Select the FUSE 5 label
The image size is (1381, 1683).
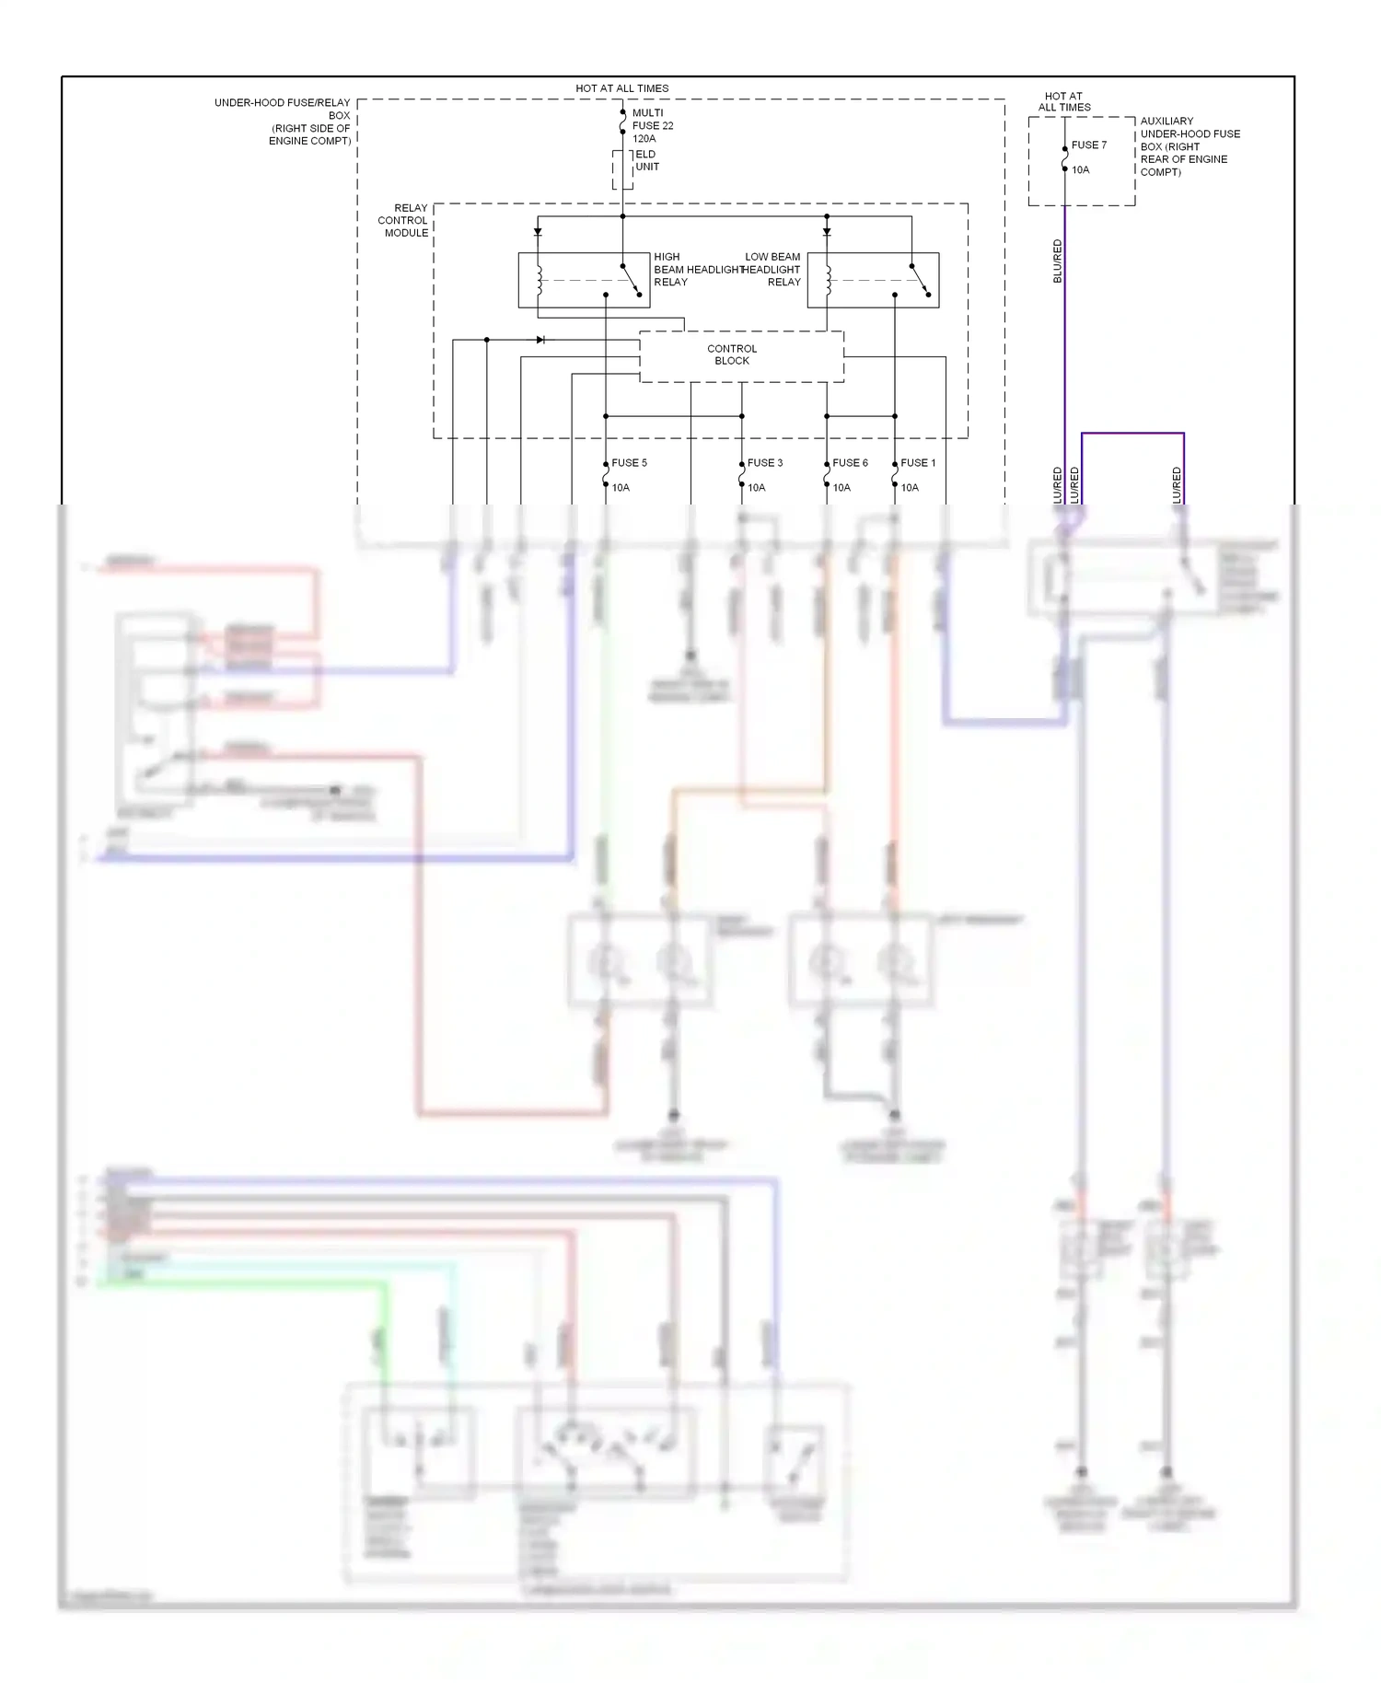(629, 463)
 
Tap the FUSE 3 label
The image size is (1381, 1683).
(764, 463)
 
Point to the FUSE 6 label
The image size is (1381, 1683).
(850, 463)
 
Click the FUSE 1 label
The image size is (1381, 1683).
(918, 463)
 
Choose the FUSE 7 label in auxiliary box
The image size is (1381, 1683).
(1088, 145)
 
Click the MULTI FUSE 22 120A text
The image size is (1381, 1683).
(652, 126)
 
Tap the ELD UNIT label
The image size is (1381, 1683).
(646, 161)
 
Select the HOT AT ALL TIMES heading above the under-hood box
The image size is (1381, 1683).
(621, 88)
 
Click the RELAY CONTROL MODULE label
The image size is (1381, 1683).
(404, 221)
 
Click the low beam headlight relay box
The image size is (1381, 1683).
(873, 280)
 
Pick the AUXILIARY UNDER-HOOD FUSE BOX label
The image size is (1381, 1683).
(1189, 146)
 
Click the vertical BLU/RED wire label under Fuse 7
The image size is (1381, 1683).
(1058, 261)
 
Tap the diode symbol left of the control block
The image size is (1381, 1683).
(540, 340)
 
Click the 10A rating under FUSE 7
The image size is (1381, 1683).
(1080, 170)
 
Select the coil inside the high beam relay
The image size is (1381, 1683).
(540, 280)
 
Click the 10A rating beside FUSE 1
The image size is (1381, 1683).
(910, 488)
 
